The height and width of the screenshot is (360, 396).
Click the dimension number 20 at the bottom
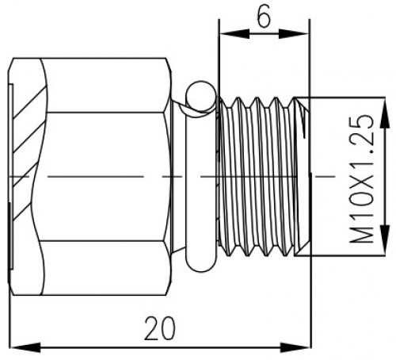coord(160,328)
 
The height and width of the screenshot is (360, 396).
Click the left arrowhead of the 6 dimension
coord(234,34)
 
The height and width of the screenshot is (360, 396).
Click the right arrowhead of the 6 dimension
coord(294,34)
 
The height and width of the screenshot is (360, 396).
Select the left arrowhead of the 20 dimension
coord(25,347)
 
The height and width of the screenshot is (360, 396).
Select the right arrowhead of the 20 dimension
coord(295,347)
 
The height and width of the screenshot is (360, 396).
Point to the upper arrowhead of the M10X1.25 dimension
coord(386,113)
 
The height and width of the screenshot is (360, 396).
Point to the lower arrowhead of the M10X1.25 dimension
coord(386,240)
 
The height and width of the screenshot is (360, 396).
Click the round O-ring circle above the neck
coord(201,96)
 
